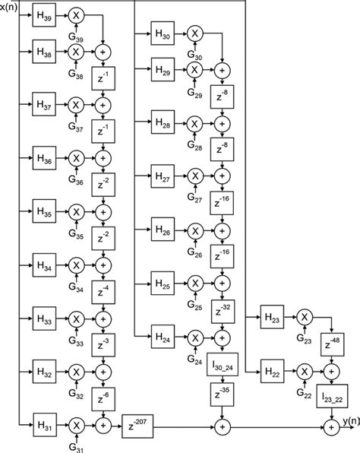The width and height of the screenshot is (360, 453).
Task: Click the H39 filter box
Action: click(44, 15)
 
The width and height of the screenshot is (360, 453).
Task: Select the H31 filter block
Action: click(45, 425)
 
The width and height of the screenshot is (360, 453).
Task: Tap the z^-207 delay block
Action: click(137, 426)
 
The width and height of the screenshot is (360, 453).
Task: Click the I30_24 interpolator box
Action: click(223, 364)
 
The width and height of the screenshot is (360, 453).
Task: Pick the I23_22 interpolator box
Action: click(332, 396)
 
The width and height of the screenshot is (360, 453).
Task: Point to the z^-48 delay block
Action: click(333, 344)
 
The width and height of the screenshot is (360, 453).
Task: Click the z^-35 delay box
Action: click(222, 394)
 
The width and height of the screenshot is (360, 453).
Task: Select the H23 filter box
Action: click(272, 317)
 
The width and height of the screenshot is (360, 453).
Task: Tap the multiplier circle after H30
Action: click(195, 33)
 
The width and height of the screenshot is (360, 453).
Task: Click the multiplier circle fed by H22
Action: click(305, 372)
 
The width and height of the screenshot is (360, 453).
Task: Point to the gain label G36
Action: click(76, 180)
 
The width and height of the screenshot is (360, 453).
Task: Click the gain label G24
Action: click(194, 360)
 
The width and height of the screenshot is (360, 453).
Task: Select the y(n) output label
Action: click(351, 421)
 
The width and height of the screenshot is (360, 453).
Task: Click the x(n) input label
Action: click(8, 8)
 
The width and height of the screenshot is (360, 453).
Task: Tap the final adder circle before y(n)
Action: click(332, 427)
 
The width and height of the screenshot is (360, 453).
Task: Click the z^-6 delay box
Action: click(103, 399)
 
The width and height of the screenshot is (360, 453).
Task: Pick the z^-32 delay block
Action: click(223, 312)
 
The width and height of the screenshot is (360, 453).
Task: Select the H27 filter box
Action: click(163, 176)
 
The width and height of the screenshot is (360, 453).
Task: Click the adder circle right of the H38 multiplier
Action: click(103, 52)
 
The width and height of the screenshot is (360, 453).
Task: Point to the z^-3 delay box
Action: click(103, 345)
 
